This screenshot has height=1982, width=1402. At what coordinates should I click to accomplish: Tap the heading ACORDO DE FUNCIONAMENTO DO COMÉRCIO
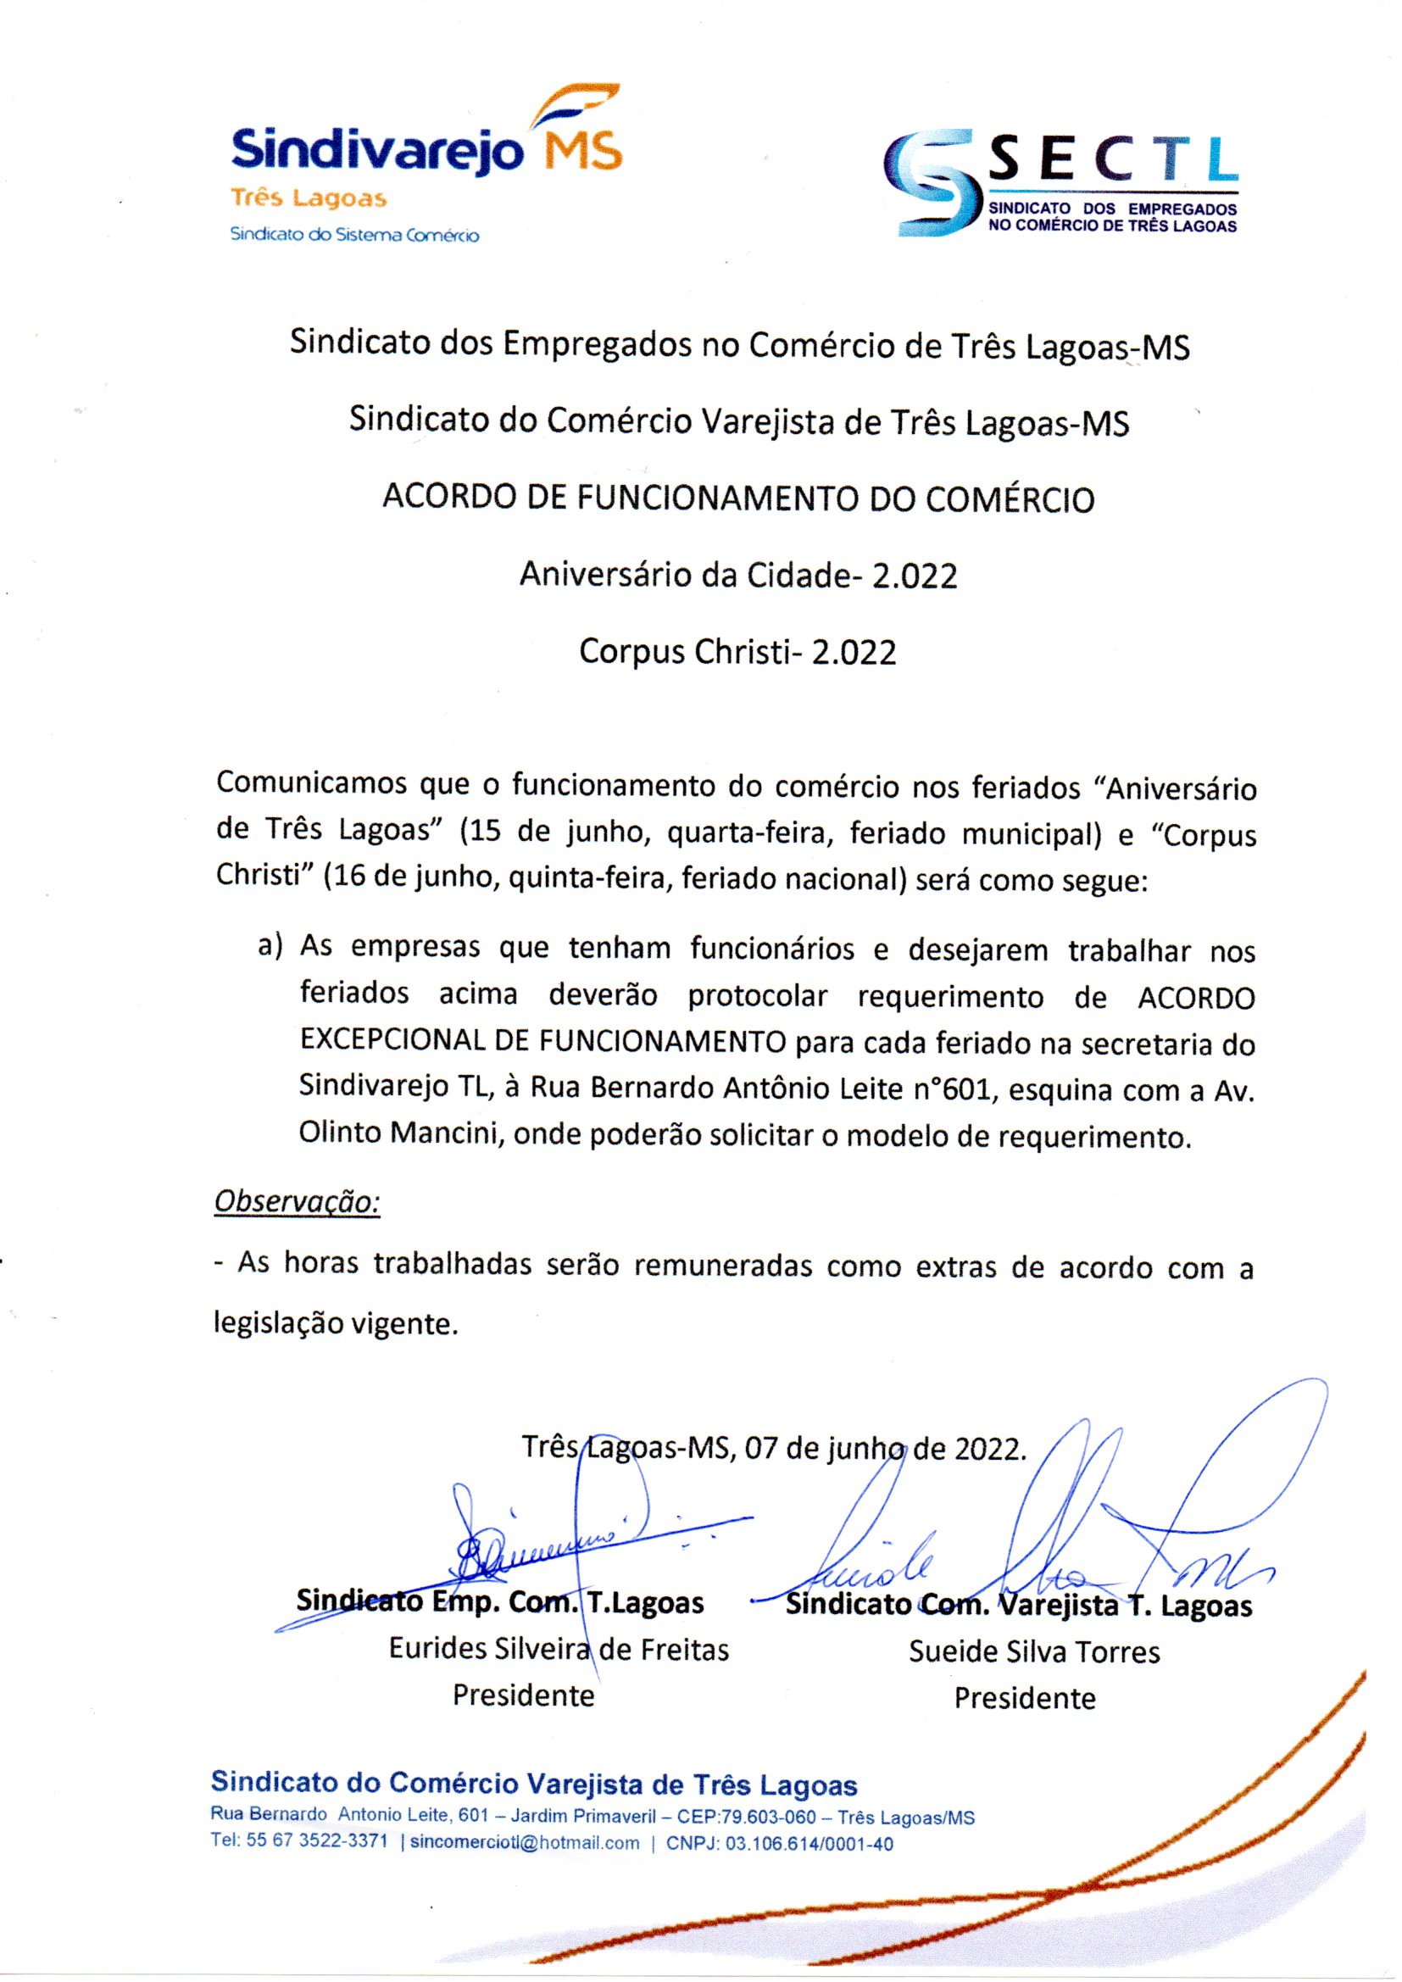click(x=738, y=500)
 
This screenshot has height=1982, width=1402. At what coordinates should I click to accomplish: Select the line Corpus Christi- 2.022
click(x=737, y=652)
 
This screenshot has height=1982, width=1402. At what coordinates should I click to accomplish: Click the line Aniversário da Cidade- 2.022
click(x=738, y=576)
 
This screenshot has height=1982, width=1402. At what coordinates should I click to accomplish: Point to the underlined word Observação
click(x=297, y=1200)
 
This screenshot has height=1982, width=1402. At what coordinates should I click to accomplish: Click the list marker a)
click(x=270, y=946)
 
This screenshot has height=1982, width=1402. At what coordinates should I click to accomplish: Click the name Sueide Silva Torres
click(x=1033, y=1651)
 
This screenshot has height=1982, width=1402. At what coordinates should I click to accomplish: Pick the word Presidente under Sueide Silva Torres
click(x=1024, y=1698)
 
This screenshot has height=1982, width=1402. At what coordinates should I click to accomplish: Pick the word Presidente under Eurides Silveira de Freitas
click(x=523, y=1695)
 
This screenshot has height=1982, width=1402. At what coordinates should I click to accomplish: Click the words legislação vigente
click(x=335, y=1323)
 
